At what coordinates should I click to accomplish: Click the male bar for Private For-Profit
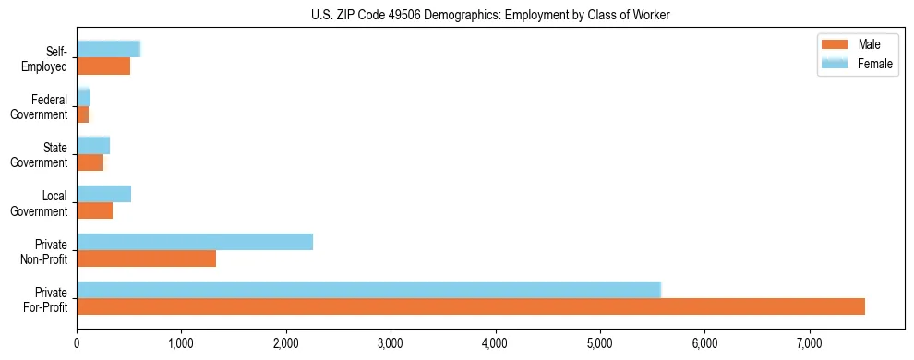[x=471, y=306]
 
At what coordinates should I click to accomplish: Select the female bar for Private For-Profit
[x=369, y=290]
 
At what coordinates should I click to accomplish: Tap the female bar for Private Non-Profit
[x=195, y=242]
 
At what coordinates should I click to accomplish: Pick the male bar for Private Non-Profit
[x=146, y=258]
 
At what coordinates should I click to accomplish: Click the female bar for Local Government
[x=103, y=194]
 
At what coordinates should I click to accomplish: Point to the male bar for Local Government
[x=94, y=210]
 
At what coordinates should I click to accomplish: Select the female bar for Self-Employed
[x=108, y=49]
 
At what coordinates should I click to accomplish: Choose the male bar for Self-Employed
[x=103, y=66]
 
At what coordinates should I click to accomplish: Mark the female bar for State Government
[x=93, y=145]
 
